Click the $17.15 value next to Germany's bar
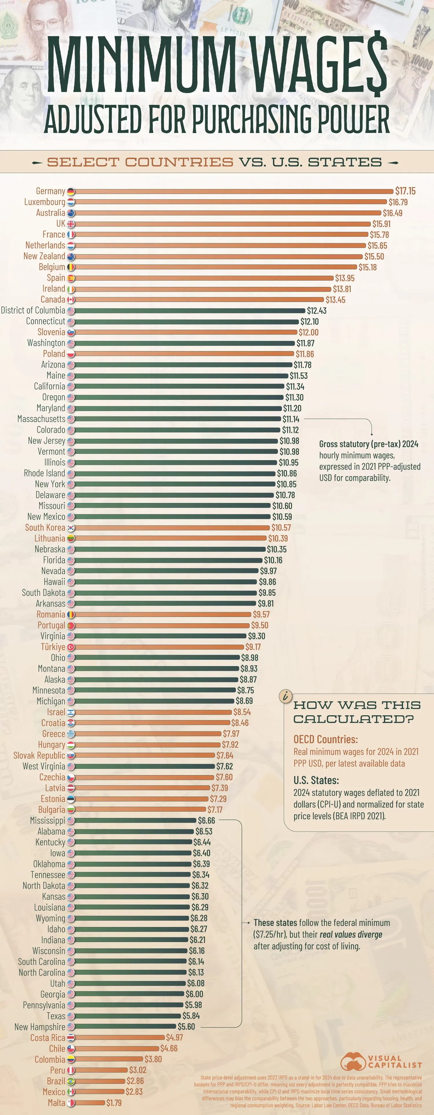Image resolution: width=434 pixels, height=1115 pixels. [405, 191]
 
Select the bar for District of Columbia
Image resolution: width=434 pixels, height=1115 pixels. [190, 310]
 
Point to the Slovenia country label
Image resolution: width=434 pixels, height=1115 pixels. [51, 332]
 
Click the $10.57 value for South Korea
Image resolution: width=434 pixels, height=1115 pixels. [281, 527]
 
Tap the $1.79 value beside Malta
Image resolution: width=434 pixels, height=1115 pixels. [114, 1103]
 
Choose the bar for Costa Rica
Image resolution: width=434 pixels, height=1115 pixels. [120, 1037]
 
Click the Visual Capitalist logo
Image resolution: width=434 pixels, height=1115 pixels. [381, 1061]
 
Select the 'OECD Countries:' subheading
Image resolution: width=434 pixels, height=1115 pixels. [326, 739]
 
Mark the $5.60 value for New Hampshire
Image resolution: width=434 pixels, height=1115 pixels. [186, 1026]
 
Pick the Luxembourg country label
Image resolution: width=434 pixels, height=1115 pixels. [45, 202]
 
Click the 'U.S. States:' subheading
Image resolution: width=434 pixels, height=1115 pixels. [316, 780]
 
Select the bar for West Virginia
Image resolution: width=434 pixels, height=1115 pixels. [145, 766]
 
